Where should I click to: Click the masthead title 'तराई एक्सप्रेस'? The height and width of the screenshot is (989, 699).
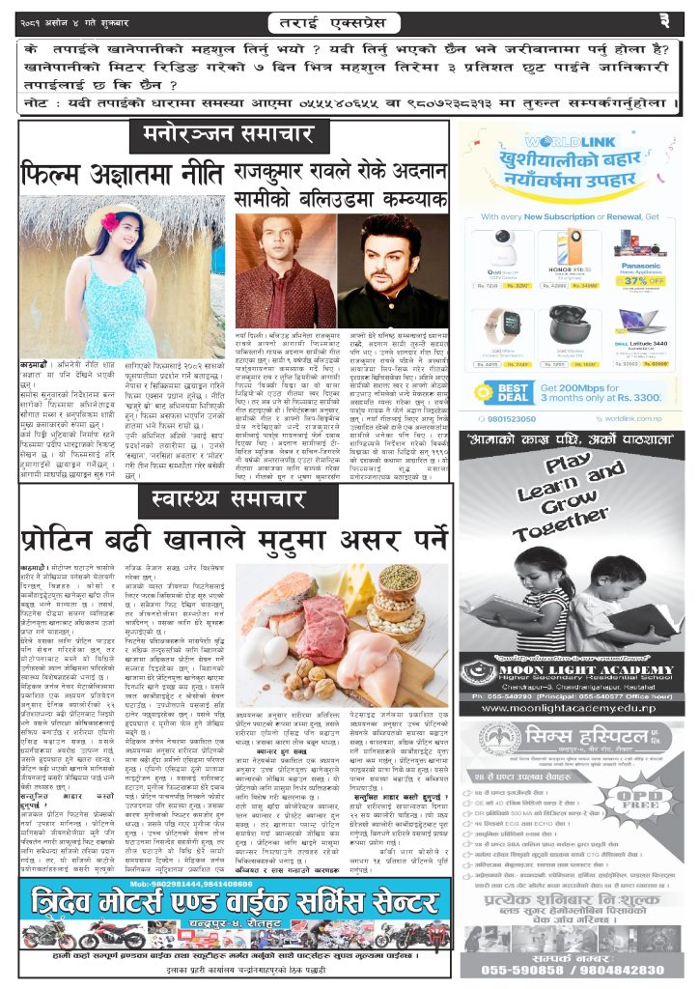tap(348, 19)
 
